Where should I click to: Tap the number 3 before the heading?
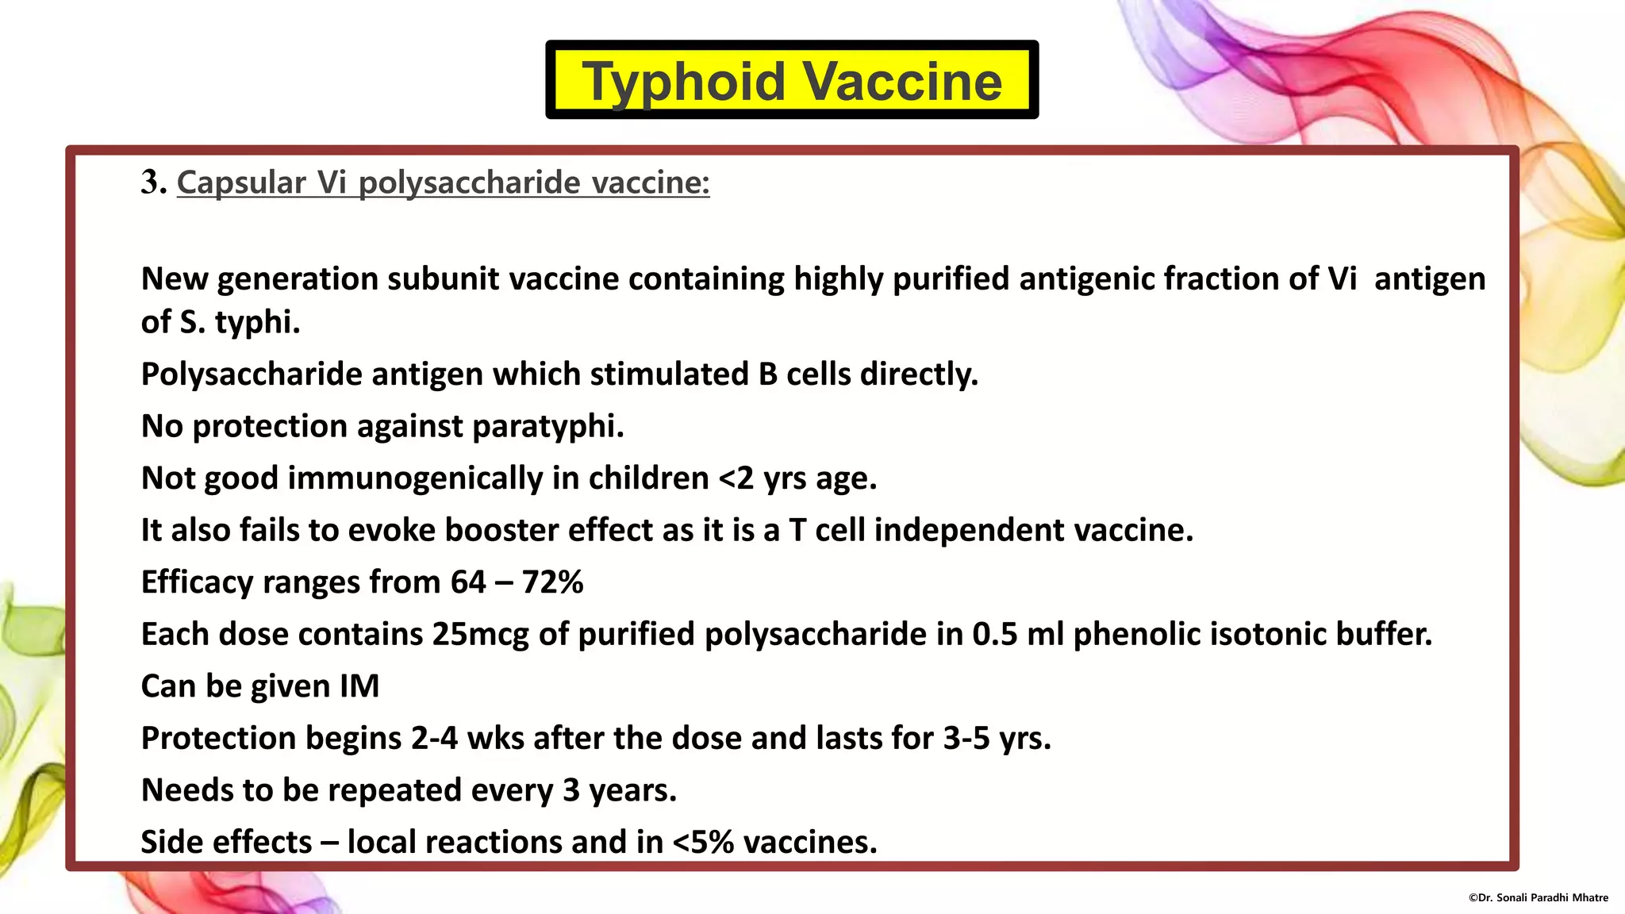click(x=151, y=182)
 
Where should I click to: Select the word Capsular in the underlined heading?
click(x=241, y=182)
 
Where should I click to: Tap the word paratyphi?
click(x=547, y=426)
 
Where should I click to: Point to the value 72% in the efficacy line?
click(x=552, y=582)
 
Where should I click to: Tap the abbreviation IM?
click(x=359, y=686)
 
